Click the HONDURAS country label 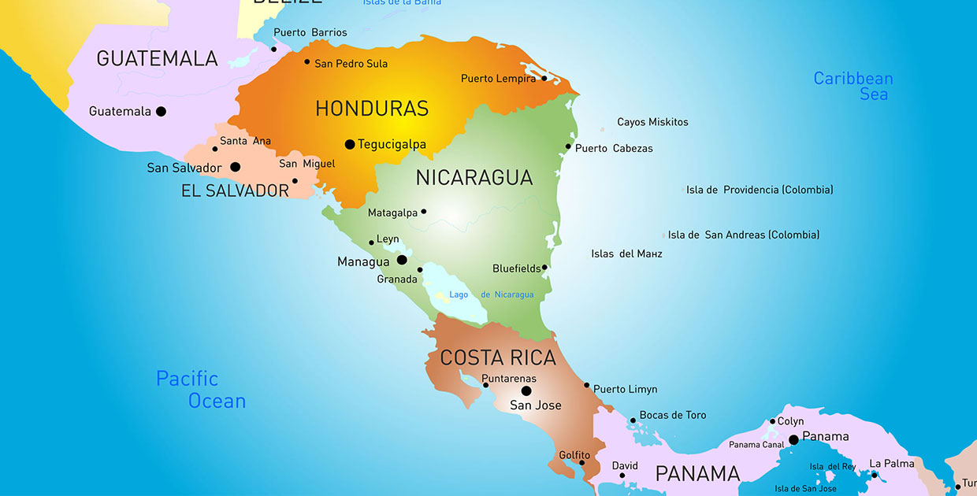[x=372, y=109]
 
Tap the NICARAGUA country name [x=474, y=178]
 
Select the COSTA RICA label [x=498, y=358]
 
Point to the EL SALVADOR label [x=236, y=191]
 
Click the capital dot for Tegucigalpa [x=350, y=144]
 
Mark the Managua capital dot [x=402, y=260]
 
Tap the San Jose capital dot [x=526, y=391]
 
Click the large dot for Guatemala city [x=161, y=111]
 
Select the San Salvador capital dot [x=235, y=167]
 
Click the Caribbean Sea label [x=853, y=86]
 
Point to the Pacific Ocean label [x=201, y=390]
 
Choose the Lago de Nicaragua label [x=491, y=294]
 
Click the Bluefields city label [x=516, y=268]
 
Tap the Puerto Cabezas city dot [x=568, y=146]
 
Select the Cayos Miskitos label [x=652, y=122]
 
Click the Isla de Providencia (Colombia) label [x=760, y=190]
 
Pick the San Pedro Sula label [x=351, y=64]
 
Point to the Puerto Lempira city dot [x=544, y=78]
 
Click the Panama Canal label [x=756, y=445]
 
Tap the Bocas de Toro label [x=673, y=415]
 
